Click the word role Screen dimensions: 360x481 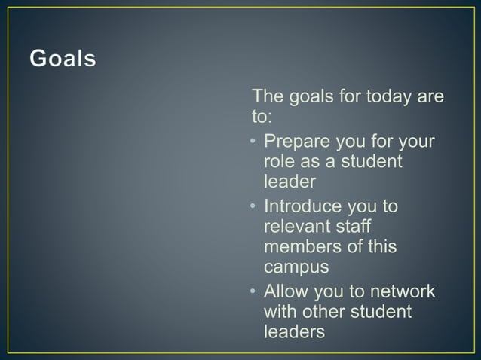point(279,162)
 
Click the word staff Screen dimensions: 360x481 point(354,226)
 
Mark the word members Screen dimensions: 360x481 point(299,247)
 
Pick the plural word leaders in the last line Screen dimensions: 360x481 point(295,331)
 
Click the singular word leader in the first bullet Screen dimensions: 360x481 point(290,182)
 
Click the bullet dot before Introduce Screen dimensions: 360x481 point(255,206)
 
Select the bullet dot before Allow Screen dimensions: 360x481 point(255,291)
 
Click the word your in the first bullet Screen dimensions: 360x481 point(421,142)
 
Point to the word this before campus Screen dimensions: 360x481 point(381,247)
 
